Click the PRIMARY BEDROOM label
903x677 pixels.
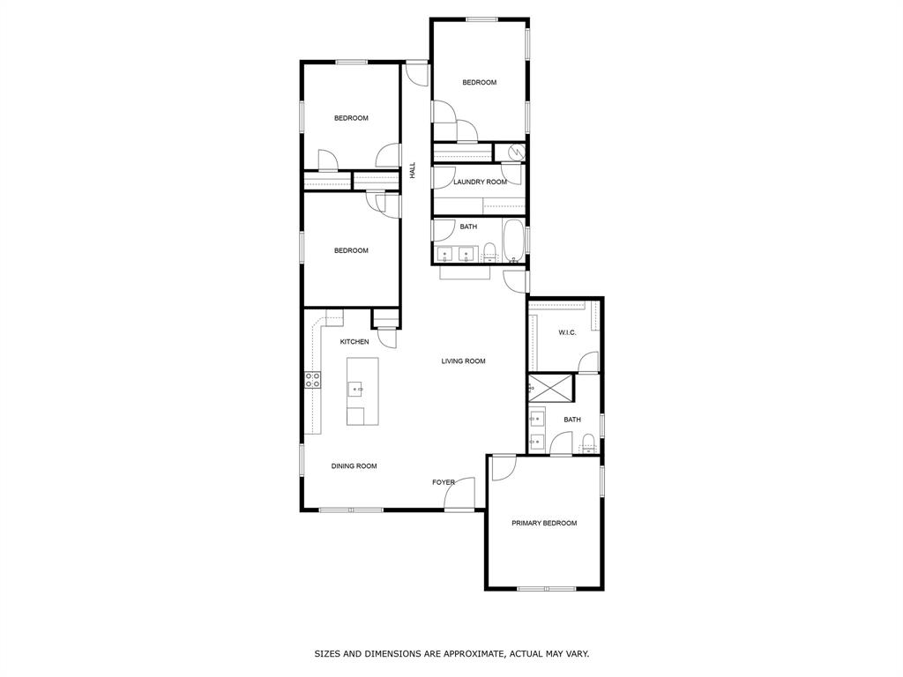[x=544, y=524]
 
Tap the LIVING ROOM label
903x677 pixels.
[x=463, y=361]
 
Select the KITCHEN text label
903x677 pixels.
[x=354, y=342]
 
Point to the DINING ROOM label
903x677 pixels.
[x=354, y=466]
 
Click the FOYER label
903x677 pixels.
[x=443, y=483]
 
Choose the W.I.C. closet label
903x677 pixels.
[x=567, y=333]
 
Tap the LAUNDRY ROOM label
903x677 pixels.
[x=480, y=182]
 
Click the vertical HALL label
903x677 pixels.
[x=412, y=171]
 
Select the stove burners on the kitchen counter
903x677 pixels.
[x=312, y=380]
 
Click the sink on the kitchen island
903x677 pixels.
[x=357, y=388]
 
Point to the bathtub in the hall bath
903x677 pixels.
[x=512, y=242]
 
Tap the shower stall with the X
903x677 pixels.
[x=549, y=388]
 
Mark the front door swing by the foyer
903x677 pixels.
[x=460, y=494]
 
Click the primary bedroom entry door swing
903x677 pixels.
[x=504, y=467]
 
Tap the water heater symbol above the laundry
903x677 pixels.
[x=514, y=153]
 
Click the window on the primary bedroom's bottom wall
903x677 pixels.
[x=546, y=588]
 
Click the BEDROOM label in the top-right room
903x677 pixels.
[x=479, y=83]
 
